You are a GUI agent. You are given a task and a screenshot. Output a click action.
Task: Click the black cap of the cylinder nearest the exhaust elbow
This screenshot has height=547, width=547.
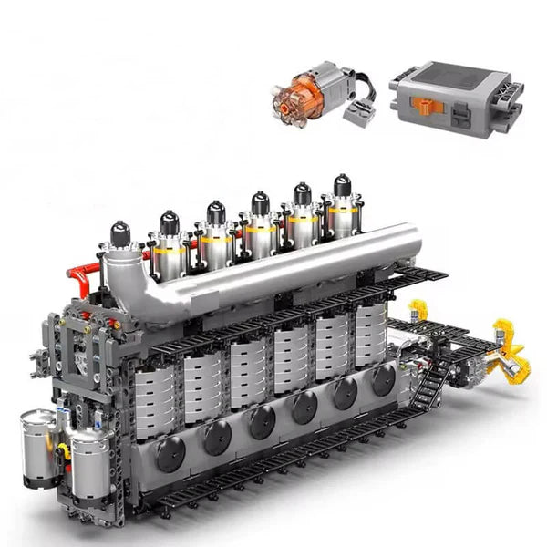120,233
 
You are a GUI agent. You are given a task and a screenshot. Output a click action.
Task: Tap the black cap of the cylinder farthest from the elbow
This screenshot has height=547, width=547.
342,185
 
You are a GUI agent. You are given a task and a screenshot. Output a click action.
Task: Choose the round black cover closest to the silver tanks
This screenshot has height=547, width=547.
170,453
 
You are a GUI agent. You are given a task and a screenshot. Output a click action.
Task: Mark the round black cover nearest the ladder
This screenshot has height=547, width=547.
383,380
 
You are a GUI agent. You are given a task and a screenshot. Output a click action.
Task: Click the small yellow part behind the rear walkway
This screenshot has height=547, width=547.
418,310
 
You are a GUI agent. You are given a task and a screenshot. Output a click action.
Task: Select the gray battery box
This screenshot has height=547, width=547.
456,96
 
